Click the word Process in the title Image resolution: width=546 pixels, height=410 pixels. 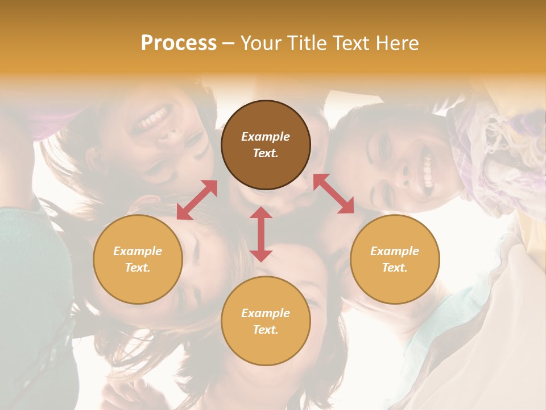[179, 43]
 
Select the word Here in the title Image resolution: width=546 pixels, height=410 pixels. [396, 43]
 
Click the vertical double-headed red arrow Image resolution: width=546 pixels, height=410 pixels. [261, 234]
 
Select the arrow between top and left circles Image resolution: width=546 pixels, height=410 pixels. [197, 200]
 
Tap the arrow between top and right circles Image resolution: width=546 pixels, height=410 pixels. [334, 194]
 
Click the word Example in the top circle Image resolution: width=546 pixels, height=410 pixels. [266, 137]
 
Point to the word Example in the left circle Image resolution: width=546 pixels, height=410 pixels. [138, 251]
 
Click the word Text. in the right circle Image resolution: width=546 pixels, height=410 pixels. [395, 268]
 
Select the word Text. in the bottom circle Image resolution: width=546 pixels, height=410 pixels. [266, 330]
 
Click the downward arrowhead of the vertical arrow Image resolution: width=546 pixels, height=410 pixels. [261, 255]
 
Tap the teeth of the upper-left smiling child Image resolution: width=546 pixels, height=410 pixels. [154, 118]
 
